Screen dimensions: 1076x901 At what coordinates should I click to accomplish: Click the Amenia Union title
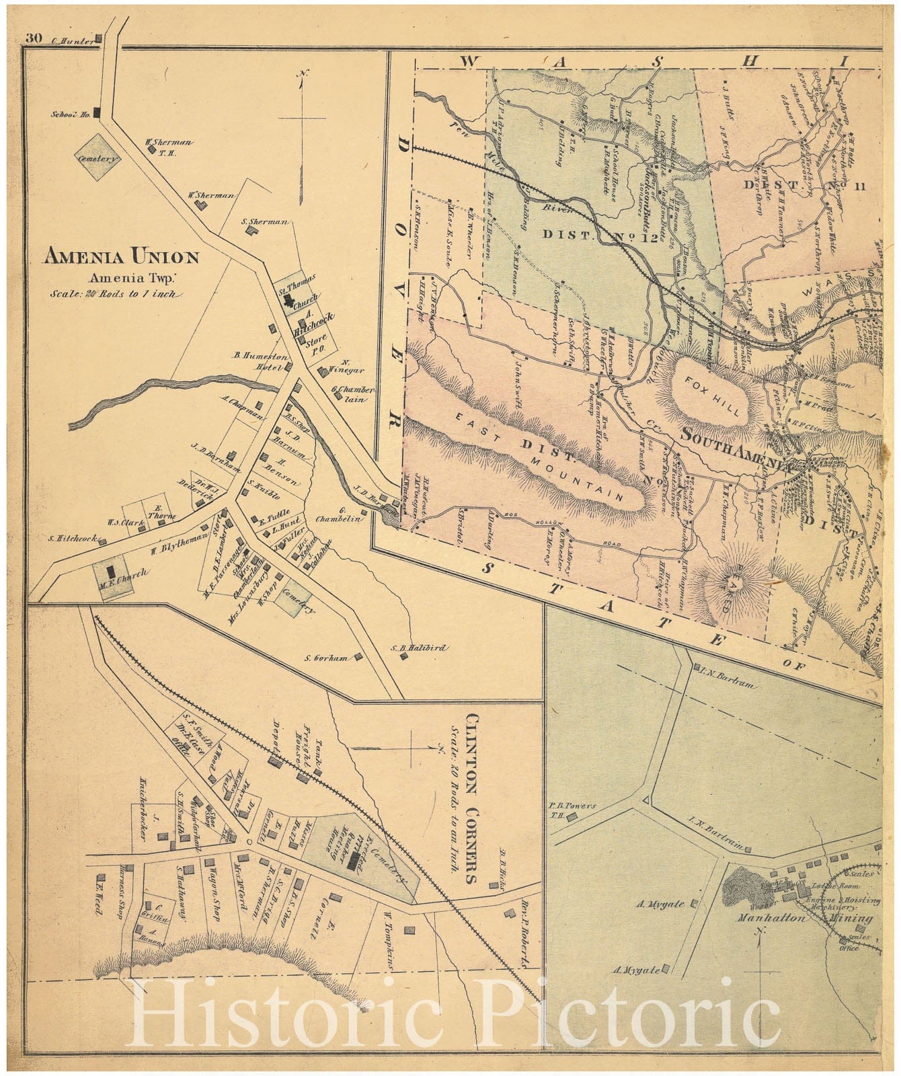121,256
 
